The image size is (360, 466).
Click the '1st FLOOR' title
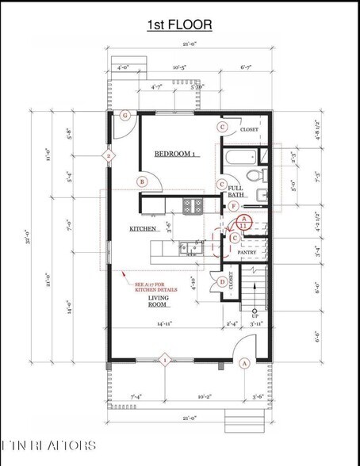179,26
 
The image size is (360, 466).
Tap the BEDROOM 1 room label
174,154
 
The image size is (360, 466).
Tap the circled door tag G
124,115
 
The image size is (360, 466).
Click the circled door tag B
142,181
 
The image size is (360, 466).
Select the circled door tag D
223,281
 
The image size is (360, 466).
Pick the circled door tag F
232,207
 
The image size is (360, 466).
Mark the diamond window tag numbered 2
109,156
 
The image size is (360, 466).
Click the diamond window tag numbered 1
165,361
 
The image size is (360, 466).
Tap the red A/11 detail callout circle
245,223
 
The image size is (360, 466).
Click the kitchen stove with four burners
193,206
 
